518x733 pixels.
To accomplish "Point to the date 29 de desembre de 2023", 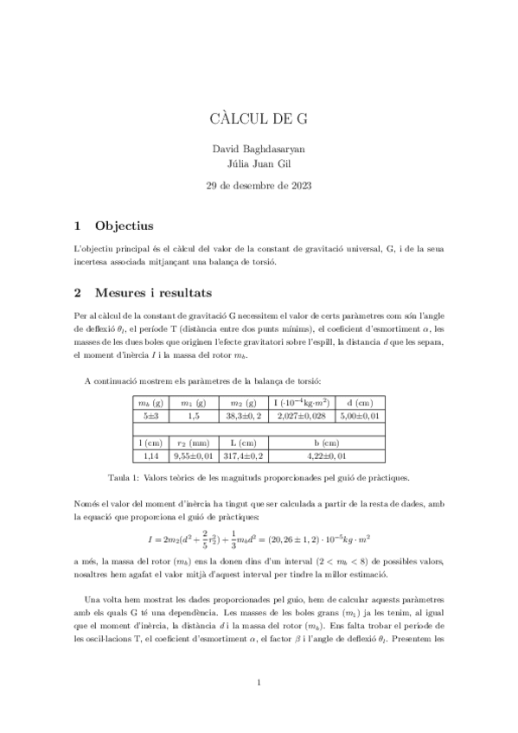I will point(259,185).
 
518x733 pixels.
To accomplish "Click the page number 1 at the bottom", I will point(259,684).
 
